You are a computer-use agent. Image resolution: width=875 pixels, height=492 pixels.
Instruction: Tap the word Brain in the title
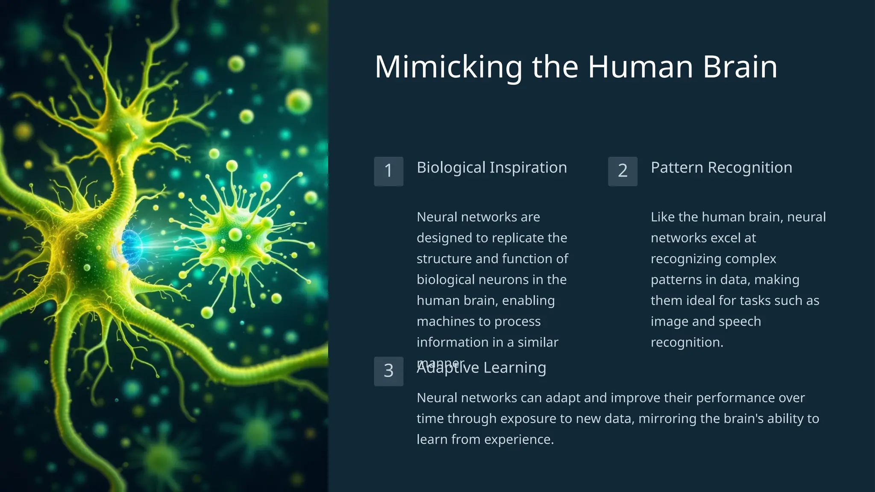coord(740,67)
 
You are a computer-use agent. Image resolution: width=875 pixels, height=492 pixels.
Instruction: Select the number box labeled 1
coord(388,171)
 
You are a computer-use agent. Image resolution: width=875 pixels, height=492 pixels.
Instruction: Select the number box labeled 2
coord(622,171)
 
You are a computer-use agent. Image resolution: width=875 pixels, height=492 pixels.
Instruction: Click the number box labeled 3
coord(388,371)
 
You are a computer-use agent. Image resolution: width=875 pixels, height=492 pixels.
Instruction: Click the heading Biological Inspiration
coord(491,167)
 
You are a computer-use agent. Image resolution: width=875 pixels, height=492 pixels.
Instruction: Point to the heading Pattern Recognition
coord(721,167)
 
